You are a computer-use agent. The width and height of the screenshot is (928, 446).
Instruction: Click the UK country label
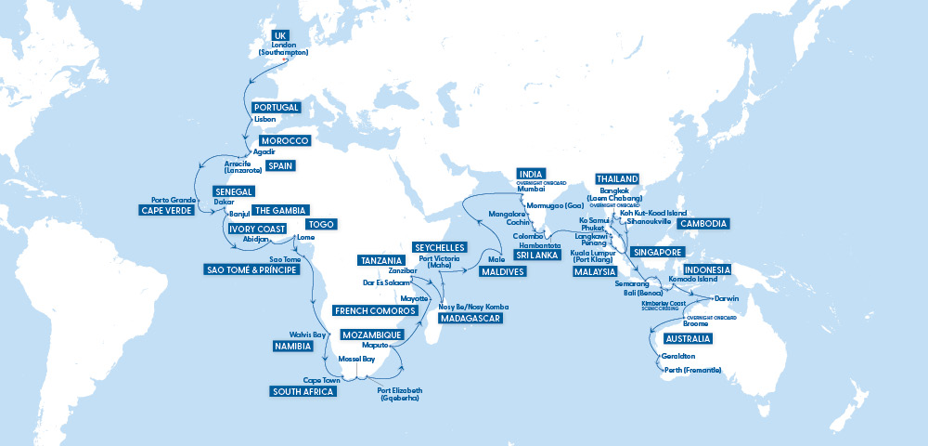click(280, 34)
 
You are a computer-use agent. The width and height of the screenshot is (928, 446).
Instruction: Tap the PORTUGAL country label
click(276, 108)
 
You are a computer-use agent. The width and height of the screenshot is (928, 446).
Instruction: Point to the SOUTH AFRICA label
click(303, 391)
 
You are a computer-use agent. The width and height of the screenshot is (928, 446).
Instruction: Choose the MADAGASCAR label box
click(470, 318)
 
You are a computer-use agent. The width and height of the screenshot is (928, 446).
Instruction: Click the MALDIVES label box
click(502, 272)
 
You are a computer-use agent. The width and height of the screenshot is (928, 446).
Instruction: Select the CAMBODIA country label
click(702, 224)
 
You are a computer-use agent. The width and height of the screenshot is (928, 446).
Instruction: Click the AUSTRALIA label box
click(688, 338)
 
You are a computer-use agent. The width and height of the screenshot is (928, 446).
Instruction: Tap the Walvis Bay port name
click(307, 334)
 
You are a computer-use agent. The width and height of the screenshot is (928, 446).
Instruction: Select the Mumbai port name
click(532, 190)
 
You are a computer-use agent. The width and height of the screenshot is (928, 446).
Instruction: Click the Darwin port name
click(727, 298)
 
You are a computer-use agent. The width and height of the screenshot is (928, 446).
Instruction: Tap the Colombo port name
click(528, 236)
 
